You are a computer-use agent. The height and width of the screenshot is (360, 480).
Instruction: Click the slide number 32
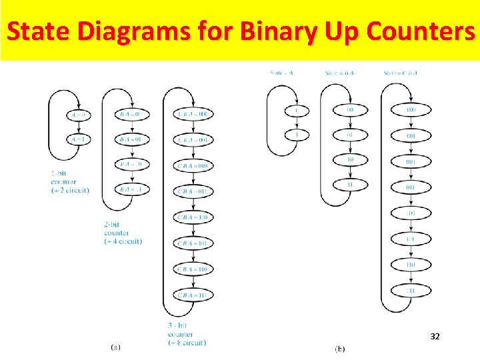tap(435, 337)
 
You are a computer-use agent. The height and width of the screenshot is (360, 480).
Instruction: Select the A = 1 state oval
tap(79, 139)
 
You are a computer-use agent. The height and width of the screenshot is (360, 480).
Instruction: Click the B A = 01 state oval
tap(132, 139)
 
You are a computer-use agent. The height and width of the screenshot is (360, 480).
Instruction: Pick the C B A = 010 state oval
tap(193, 165)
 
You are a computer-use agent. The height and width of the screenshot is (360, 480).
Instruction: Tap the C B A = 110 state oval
tap(193, 269)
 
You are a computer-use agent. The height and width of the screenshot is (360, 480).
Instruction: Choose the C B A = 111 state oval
tap(193, 295)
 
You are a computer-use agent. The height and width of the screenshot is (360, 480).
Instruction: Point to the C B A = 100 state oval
tap(193, 217)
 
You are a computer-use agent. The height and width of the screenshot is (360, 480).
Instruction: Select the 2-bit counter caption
tap(122, 233)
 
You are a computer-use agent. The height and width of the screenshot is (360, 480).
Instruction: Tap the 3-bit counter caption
tap(186, 334)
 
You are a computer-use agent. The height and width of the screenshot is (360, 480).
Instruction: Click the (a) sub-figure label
tap(115, 347)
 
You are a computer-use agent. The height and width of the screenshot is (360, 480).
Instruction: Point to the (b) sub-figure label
tap(340, 349)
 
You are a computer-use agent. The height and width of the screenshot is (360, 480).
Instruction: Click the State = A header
tap(281, 73)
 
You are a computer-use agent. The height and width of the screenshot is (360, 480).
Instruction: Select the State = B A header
tap(340, 73)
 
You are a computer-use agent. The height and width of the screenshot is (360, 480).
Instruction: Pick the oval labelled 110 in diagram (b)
tap(411, 265)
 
